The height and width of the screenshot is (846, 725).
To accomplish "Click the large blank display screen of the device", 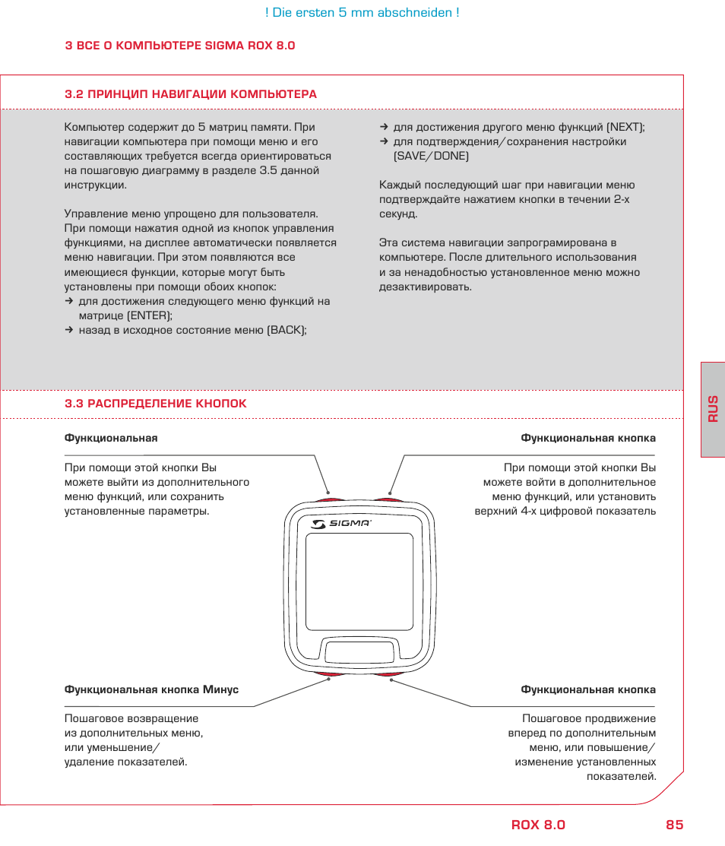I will coord(359,581).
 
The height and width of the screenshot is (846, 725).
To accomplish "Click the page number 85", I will coord(674,825).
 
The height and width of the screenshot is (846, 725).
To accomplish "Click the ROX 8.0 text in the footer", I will coord(538,825).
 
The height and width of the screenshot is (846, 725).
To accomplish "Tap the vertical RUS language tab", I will coord(713,409).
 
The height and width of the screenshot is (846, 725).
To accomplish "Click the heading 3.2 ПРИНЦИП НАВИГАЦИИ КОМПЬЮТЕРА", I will coord(191,94).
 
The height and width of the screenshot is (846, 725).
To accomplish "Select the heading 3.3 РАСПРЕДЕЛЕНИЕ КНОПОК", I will coord(156,404).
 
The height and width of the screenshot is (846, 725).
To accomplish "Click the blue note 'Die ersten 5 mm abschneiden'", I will coord(362,13).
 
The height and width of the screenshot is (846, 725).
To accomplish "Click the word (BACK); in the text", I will coord(287,330).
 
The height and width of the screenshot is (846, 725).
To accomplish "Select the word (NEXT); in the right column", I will coord(625,128).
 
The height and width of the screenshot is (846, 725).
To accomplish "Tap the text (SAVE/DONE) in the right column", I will coord(431,157).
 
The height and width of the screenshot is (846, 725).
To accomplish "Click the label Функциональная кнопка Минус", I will coord(151,690).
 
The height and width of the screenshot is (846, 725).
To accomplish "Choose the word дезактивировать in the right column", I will coord(425,287).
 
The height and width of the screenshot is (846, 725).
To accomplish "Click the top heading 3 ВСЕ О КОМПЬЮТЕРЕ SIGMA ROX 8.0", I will coord(180,46).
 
